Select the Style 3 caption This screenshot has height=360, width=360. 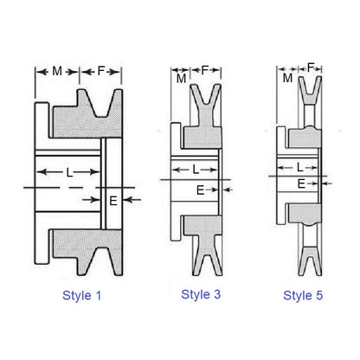pyautogui.click(x=201, y=294)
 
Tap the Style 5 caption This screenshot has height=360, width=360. pyautogui.click(x=303, y=296)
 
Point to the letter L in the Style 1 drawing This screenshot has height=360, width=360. pyautogui.click(x=69, y=173)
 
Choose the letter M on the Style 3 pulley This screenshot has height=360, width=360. pyautogui.click(x=182, y=80)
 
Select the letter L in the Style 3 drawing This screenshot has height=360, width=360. pyautogui.click(x=196, y=168)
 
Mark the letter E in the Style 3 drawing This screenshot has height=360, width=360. pyautogui.click(x=201, y=189)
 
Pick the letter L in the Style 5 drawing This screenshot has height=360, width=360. pyautogui.click(x=299, y=167)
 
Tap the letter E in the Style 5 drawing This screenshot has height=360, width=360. pyautogui.click(x=301, y=183)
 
